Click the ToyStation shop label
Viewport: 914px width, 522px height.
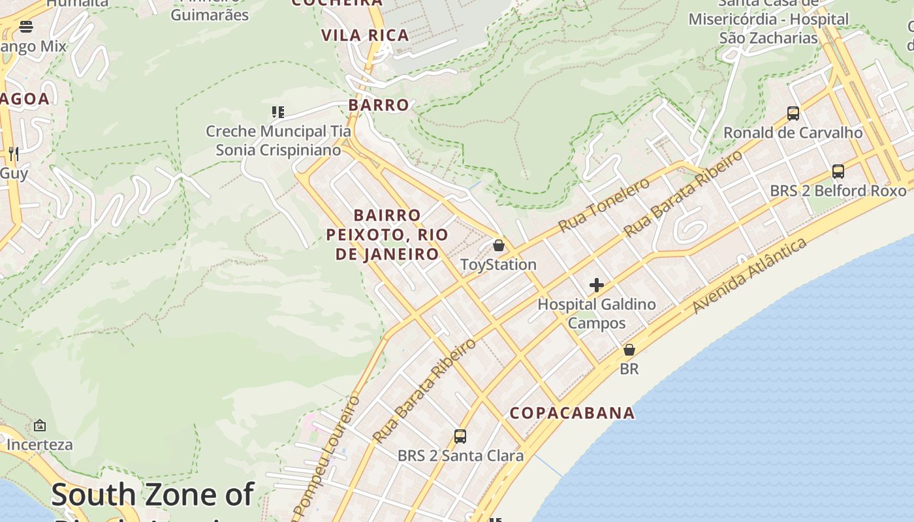pos(498,265)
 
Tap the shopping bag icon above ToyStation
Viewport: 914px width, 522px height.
pos(499,246)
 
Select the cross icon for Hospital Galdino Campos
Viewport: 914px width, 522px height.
pos(596,285)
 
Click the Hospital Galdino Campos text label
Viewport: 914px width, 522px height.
pos(596,313)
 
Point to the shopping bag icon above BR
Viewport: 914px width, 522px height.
pos(629,350)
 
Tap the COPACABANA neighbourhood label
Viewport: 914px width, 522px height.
pos(572,413)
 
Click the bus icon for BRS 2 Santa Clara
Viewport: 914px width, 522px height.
pos(460,437)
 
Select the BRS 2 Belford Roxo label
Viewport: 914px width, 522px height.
pos(838,191)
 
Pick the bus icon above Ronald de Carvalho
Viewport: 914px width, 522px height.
pos(793,114)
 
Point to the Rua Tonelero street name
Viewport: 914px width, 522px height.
pos(604,204)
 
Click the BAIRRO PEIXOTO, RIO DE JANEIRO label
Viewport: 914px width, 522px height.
pos(387,234)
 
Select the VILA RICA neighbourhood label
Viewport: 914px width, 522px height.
pos(365,35)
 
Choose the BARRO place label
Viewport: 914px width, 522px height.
pos(379,105)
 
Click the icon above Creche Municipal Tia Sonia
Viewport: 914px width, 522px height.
pos(278,112)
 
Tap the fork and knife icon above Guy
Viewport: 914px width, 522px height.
pos(13,154)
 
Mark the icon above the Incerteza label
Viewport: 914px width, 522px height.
pos(40,425)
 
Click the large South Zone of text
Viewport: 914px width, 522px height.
pos(152,495)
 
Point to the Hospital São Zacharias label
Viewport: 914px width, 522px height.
pos(768,29)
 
